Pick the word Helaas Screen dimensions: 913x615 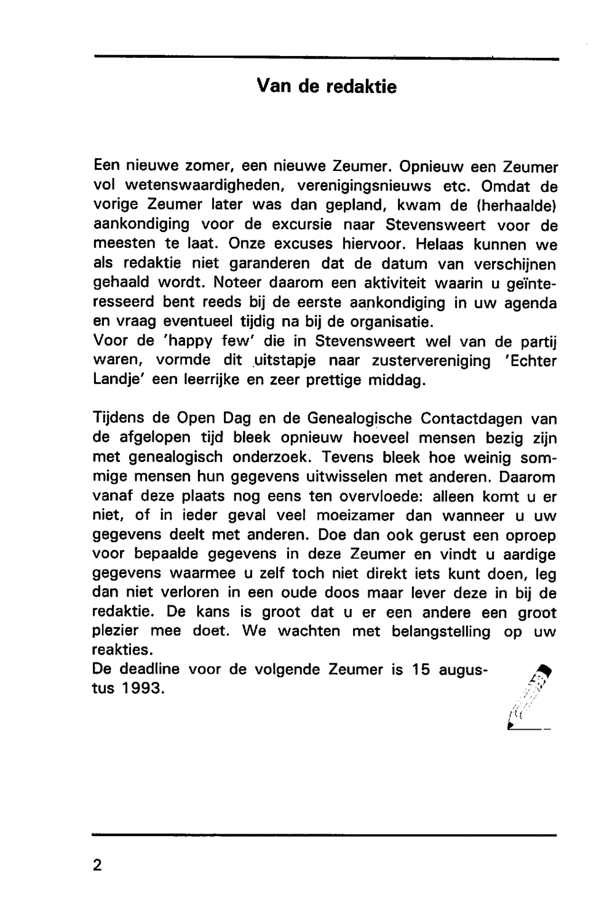[440, 244]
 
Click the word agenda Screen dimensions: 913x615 [531, 303]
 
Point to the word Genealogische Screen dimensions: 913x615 [359, 419]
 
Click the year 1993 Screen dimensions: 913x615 [142, 689]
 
